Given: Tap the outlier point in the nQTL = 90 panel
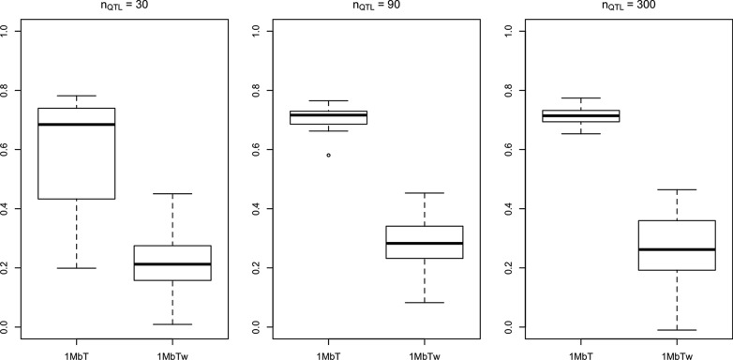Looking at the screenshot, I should click(x=328, y=155).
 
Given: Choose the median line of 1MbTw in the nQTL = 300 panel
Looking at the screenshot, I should click(x=676, y=249).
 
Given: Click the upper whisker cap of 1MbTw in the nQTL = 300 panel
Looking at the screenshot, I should click(x=676, y=189).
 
